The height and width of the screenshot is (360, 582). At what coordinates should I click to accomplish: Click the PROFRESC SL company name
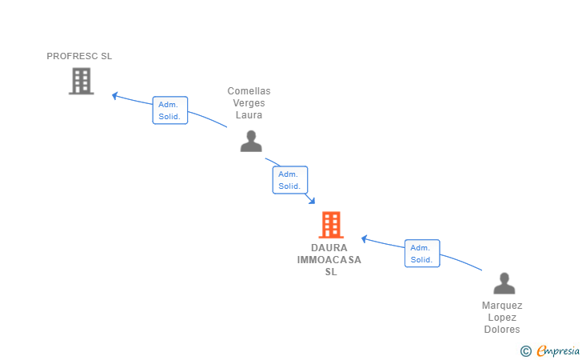tap(79, 56)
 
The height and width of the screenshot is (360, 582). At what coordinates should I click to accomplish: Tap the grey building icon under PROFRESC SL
tap(82, 81)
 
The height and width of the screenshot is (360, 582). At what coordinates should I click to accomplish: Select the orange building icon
tap(331, 225)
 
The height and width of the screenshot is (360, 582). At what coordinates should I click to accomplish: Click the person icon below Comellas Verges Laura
tap(251, 141)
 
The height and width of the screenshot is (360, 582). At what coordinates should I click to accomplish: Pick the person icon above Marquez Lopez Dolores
tap(504, 283)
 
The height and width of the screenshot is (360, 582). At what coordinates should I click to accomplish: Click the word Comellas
tap(249, 91)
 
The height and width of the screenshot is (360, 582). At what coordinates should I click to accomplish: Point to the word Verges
tap(249, 103)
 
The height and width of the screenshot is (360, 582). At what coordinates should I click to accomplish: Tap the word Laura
tap(249, 114)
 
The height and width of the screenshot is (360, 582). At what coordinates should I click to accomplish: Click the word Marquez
tap(502, 306)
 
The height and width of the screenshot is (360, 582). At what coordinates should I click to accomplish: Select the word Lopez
tap(502, 318)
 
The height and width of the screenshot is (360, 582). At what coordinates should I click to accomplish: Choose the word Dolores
tap(502, 330)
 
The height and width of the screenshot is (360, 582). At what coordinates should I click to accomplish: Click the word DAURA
tap(329, 248)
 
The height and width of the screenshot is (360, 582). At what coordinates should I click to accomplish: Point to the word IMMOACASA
tap(329, 260)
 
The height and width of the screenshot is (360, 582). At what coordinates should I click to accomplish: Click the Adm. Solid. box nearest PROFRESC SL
tap(170, 110)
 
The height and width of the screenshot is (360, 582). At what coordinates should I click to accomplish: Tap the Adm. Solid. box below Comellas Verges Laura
tap(290, 180)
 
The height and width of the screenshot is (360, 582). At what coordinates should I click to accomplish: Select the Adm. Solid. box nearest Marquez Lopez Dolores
tap(422, 254)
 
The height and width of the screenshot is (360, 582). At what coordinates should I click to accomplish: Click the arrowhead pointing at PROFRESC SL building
tap(114, 95)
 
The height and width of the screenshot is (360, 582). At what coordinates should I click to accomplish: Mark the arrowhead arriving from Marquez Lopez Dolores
tap(364, 239)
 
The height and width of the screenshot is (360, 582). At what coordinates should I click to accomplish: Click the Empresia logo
tap(558, 350)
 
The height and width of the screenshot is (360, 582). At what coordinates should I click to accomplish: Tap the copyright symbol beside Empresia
tap(525, 351)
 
